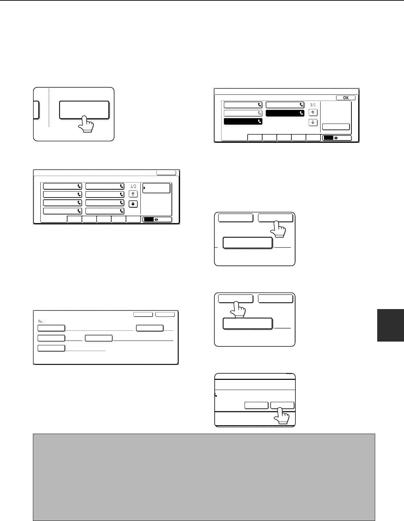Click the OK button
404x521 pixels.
tap(346, 98)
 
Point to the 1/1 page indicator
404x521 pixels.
tap(313, 105)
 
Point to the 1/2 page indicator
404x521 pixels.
tap(133, 186)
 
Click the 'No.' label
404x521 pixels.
tap(41, 321)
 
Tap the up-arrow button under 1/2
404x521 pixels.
tap(133, 194)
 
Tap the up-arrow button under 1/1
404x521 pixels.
tap(313, 112)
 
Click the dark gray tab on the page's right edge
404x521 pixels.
tap(390, 325)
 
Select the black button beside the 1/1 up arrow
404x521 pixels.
tap(285, 113)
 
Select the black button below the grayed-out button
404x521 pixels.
tap(243, 121)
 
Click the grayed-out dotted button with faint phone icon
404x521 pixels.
tap(243, 113)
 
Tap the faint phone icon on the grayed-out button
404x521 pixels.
tap(259, 113)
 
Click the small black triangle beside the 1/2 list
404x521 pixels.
tap(145, 188)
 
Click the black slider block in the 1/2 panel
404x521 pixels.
tap(149, 219)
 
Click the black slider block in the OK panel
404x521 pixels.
tap(328, 138)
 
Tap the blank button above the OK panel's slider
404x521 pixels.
tap(335, 127)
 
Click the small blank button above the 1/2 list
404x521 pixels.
tap(166, 173)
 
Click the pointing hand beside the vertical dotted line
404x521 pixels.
tap(86, 124)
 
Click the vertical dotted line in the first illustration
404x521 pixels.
tap(49, 107)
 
